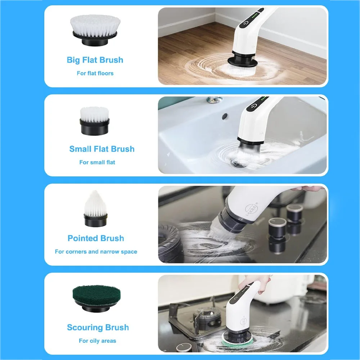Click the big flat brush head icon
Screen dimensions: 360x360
(95, 30)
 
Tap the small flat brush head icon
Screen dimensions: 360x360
(94, 121)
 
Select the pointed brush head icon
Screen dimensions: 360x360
(95, 209)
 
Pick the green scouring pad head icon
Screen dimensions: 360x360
(96, 298)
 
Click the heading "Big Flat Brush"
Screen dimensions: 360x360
(95, 60)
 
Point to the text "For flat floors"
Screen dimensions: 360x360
(95, 73)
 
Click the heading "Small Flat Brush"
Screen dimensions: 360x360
(102, 149)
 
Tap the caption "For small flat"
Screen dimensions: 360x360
(97, 162)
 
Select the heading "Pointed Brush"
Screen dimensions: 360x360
(96, 238)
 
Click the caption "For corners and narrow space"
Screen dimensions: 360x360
(96, 252)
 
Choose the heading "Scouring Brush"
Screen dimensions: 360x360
(98, 327)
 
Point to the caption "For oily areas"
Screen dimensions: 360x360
(97, 341)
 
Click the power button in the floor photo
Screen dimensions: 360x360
(246, 24)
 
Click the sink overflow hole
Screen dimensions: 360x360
(225, 116)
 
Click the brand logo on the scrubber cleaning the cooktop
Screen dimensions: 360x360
(252, 209)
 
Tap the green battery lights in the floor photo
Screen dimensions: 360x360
(255, 17)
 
